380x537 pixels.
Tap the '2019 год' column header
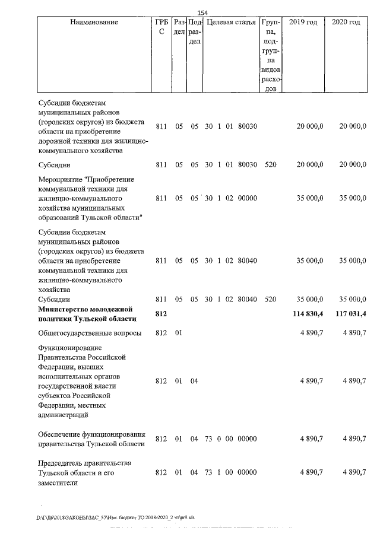(303, 23)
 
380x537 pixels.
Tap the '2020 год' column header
(346, 23)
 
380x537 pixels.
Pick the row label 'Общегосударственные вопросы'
(90, 333)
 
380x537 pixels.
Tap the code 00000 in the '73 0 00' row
(247, 439)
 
